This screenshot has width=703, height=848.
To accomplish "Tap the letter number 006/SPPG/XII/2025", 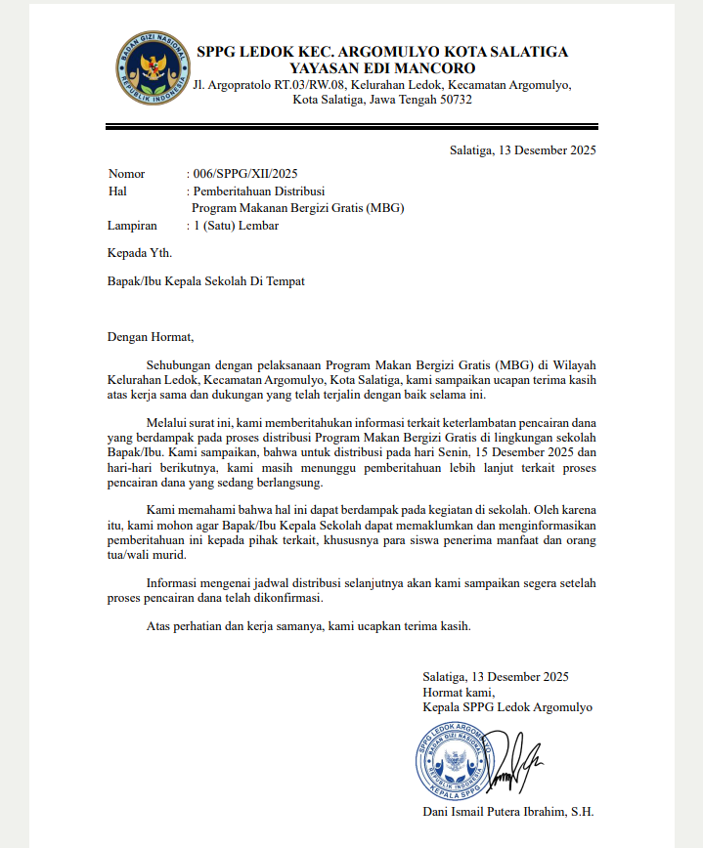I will tap(244, 173).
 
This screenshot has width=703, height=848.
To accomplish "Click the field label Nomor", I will tap(126, 173).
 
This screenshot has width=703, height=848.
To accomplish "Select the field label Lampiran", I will tap(132, 226).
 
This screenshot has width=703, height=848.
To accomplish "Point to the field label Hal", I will tap(117, 191).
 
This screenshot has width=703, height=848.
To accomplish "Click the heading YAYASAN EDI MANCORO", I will tap(382, 68).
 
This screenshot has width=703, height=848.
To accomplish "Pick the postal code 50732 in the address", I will tap(456, 100).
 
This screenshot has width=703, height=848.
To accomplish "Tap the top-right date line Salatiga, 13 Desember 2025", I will tap(522, 149).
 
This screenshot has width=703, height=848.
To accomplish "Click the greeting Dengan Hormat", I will tap(152, 337).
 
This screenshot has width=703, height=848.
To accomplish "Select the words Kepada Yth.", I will tap(140, 253).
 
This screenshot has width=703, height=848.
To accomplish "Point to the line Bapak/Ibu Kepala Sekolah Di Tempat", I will tap(205, 281).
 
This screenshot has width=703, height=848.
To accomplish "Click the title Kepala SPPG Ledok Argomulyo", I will tap(507, 706).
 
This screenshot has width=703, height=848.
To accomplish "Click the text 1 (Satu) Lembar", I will tap(236, 226).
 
